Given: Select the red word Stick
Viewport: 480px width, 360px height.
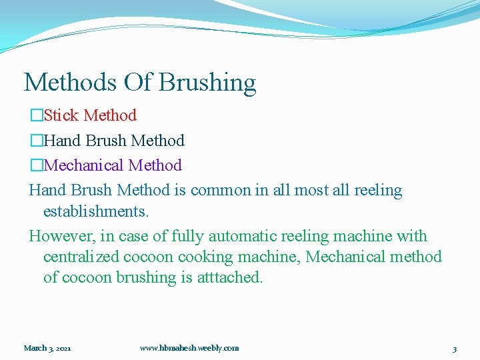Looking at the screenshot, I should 61,115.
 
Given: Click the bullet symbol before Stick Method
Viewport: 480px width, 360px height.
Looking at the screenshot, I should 36,116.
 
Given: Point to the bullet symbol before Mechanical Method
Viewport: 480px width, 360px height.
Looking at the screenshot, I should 36,165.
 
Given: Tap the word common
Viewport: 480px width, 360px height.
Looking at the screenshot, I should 220,191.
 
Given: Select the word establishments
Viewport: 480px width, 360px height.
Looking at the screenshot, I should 96,211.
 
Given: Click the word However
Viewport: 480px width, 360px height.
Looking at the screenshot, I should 59,236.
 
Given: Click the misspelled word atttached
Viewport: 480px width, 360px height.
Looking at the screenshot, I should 230,277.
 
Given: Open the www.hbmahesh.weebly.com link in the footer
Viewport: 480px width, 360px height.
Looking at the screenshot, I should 189,348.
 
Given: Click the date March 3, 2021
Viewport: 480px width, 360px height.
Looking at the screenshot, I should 47,348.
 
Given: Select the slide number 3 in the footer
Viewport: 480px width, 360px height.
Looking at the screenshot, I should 454,349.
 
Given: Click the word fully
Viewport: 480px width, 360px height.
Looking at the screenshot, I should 189,236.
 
